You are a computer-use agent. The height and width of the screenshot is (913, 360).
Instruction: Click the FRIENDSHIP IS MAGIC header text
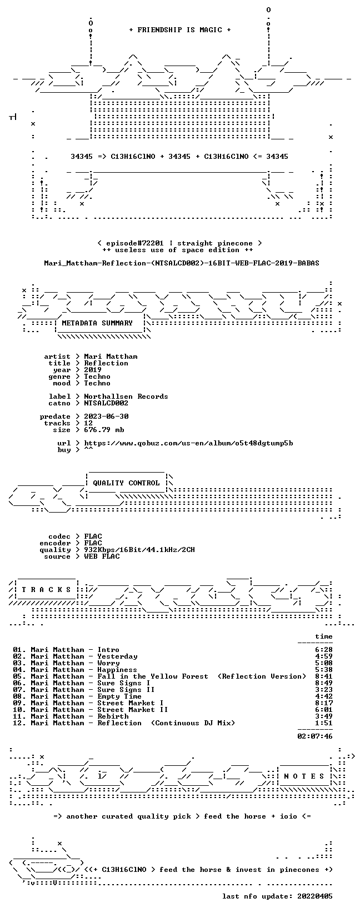tap(180, 30)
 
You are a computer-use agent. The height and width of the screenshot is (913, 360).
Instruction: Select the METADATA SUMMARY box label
tap(97, 323)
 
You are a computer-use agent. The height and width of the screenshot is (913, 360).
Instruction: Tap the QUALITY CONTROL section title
tap(126, 483)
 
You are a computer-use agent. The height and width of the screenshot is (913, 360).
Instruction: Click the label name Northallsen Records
tap(126, 397)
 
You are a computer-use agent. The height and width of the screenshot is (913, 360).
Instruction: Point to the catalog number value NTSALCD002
tap(106, 403)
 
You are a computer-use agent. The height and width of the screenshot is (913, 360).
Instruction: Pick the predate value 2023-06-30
tap(106, 417)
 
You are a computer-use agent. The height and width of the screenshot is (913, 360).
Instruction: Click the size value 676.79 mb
tap(104, 430)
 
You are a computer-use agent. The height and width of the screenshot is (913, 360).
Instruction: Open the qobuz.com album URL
tap(188, 443)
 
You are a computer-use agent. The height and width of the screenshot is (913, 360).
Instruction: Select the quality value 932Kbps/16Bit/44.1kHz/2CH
tap(139, 550)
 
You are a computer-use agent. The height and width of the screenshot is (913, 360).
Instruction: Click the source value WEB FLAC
tap(102, 556)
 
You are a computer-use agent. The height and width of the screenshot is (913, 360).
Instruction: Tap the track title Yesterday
tap(117, 656)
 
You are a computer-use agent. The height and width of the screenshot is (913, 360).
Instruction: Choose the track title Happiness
tap(117, 670)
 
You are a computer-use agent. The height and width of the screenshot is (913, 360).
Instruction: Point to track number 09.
tap(18, 703)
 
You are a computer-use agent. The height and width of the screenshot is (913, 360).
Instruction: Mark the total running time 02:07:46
tap(315, 736)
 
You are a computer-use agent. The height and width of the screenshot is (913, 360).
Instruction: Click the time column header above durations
tap(324, 636)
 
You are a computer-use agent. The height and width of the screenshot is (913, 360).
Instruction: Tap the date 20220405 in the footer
tap(315, 896)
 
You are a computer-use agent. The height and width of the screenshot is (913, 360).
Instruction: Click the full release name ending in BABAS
tap(182, 263)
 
